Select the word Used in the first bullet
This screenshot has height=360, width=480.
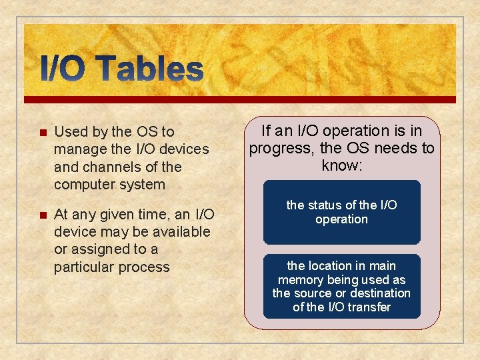click(x=69, y=132)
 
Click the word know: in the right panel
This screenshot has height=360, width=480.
click(x=341, y=165)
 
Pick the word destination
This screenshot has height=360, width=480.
click(x=381, y=293)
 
